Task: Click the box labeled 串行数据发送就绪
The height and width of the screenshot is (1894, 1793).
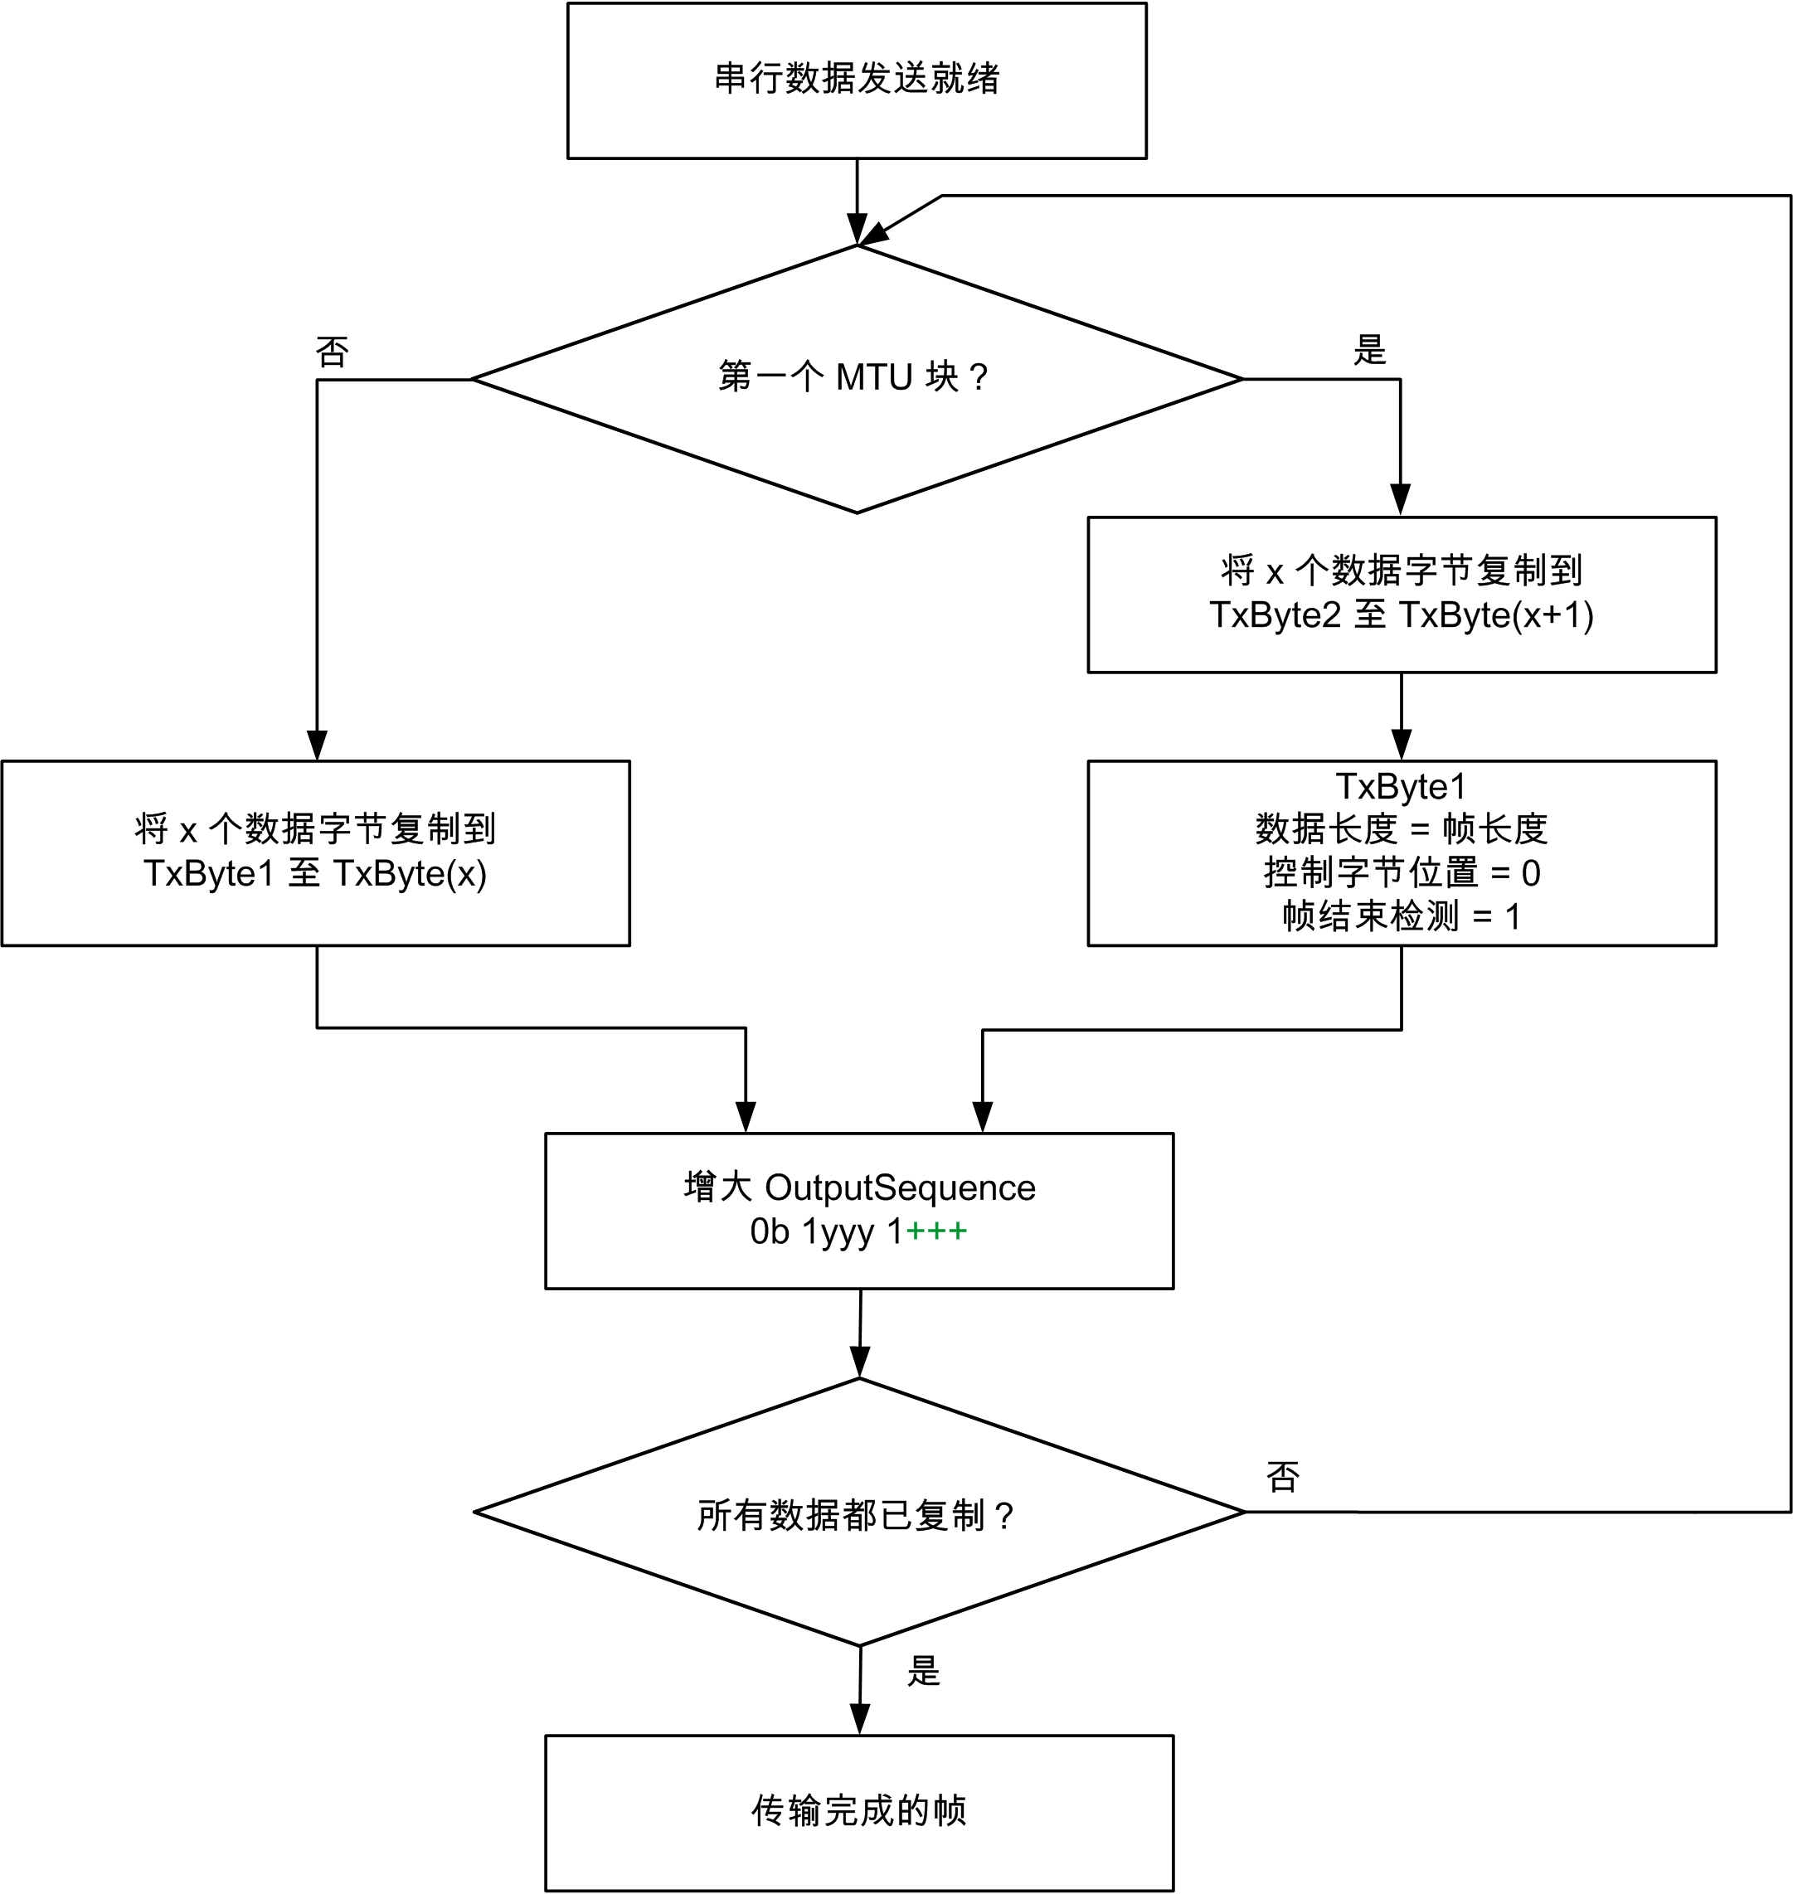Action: [857, 80]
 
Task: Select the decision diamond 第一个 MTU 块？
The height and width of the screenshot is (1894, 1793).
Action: [857, 378]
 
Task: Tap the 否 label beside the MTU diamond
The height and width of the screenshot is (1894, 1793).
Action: [332, 352]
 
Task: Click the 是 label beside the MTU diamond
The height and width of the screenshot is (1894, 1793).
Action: [1368, 350]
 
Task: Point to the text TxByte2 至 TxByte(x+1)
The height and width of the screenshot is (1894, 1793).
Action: [1401, 614]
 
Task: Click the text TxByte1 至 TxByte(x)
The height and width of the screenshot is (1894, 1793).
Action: [315, 873]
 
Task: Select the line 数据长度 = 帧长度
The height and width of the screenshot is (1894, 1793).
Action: [1401, 828]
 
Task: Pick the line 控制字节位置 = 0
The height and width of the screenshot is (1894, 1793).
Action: [1401, 872]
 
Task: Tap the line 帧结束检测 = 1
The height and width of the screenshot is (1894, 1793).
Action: [1401, 916]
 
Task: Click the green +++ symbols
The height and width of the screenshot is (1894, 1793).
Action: [936, 1231]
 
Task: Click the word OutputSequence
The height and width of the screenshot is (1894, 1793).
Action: [901, 1187]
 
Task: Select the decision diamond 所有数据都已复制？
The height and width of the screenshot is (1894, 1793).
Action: [858, 1512]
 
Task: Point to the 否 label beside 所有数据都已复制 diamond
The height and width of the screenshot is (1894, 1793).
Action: [1283, 1476]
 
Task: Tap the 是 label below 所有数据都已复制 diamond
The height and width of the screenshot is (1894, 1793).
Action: [923, 1671]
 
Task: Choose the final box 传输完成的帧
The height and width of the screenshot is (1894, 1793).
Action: [858, 1811]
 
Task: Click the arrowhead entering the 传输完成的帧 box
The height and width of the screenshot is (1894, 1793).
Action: [859, 1719]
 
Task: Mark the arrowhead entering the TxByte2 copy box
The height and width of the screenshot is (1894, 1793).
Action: [1400, 500]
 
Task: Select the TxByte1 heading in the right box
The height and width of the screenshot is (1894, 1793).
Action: [1401, 785]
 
